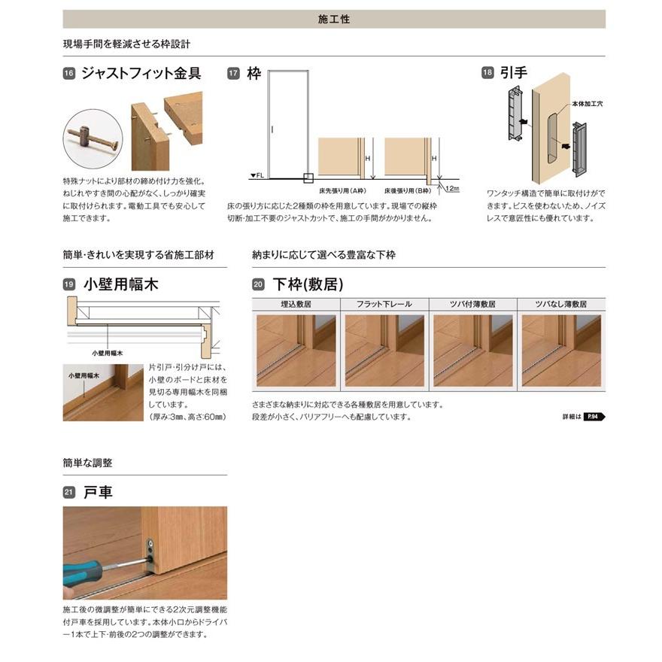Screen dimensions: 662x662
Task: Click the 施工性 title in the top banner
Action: [334, 19]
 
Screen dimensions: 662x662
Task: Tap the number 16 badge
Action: [68, 74]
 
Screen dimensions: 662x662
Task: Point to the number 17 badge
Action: [233, 74]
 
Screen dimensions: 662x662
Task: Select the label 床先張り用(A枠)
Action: [344, 192]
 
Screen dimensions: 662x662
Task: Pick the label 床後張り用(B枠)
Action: [407, 192]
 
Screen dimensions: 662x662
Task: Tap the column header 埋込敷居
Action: [296, 305]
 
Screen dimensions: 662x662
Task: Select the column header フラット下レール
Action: [384, 305]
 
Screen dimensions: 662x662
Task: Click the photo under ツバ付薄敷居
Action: [472, 350]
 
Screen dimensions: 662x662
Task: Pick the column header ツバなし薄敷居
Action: [560, 305]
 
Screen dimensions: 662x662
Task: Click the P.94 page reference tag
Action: [595, 416]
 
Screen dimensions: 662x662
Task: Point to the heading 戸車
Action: [98, 493]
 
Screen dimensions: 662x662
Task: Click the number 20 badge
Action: [258, 285]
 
